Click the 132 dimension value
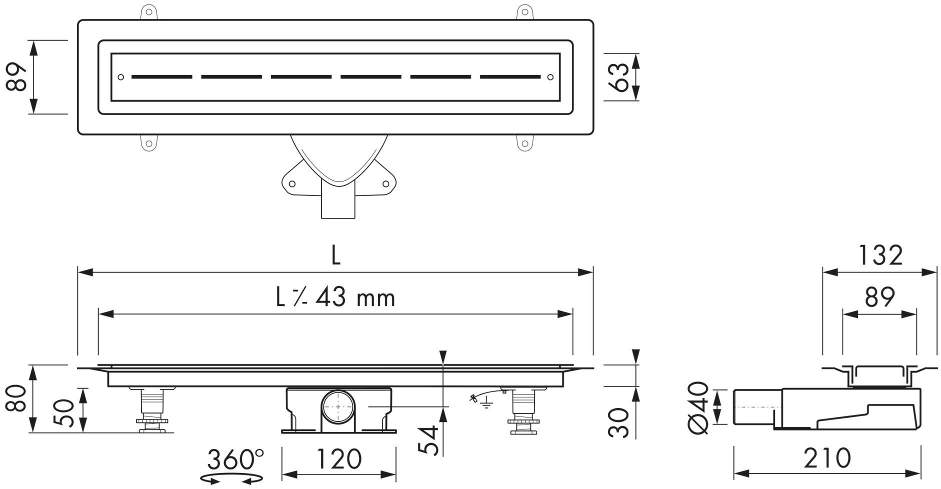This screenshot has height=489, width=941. coord(880,255)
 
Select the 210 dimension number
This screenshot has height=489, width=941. coord(827,458)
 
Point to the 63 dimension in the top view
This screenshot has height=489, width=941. coord(620,77)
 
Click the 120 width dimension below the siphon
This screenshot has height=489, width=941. coord(339,458)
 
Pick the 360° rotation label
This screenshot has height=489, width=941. coord(235,459)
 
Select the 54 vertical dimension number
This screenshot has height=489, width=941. coord(428,440)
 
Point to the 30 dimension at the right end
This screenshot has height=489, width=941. coord(619,422)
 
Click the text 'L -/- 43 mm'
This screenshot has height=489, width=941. coord(335,297)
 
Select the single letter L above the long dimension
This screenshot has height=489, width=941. coord(335,256)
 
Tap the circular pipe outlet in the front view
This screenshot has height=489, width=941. coord(338,406)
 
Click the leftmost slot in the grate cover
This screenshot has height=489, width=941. coord(161,77)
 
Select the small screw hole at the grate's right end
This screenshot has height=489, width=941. coord(550,77)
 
